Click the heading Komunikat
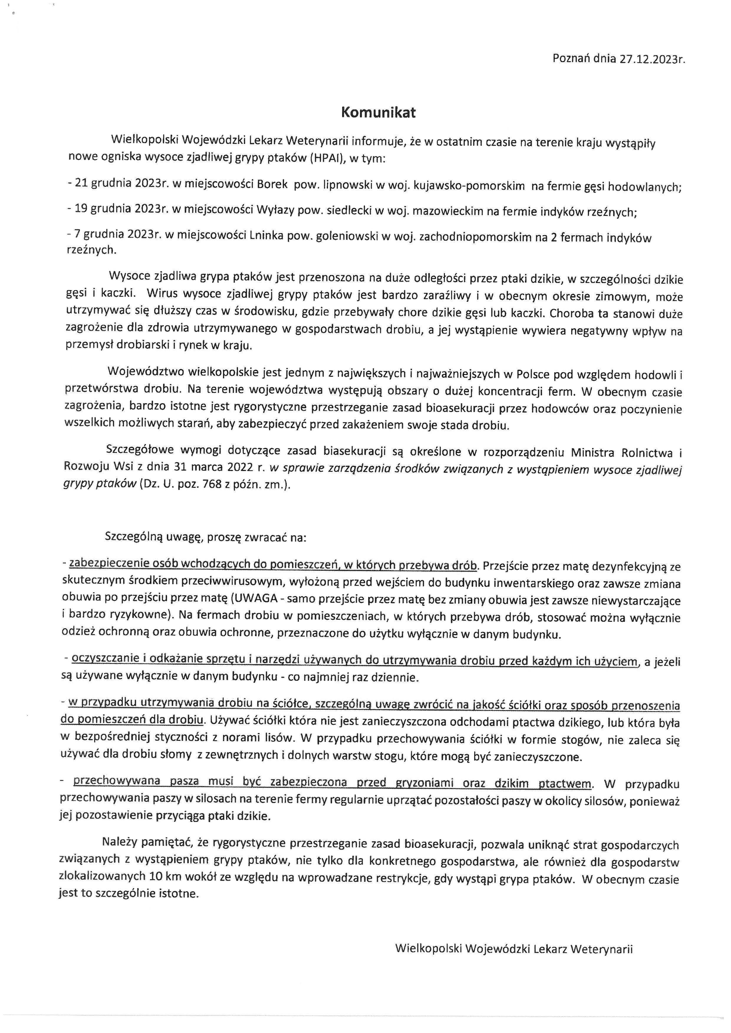coord(378,113)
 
